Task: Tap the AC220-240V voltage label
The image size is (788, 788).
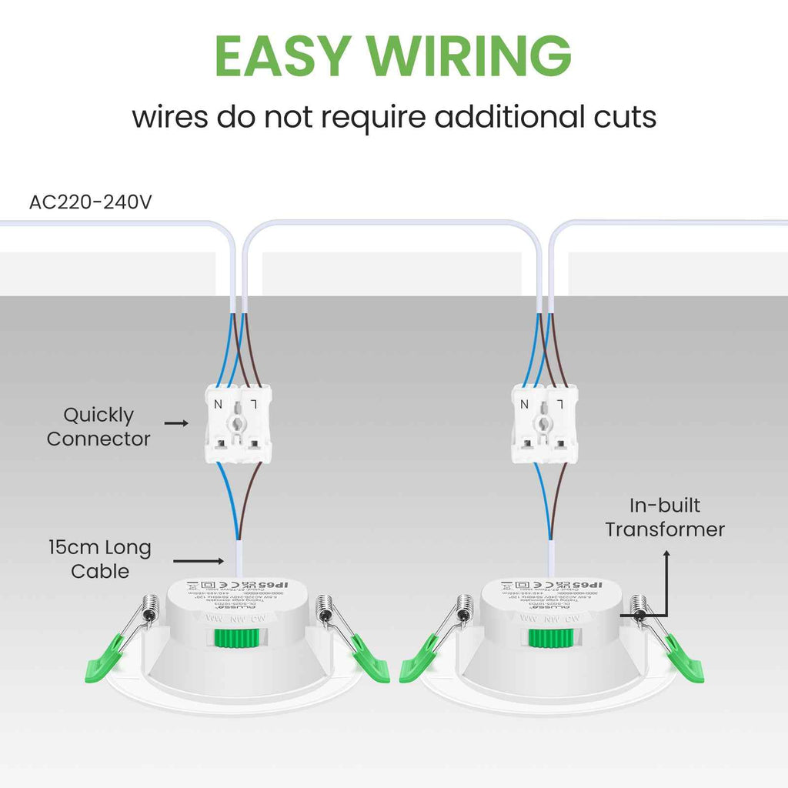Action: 91,202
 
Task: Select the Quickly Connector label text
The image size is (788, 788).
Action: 98,427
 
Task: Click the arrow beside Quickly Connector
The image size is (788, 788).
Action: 176,422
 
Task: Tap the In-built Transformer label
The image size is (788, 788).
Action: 665,517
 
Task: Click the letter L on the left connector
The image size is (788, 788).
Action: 255,403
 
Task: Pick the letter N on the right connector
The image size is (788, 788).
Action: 524,403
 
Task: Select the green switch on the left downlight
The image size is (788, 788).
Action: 235,638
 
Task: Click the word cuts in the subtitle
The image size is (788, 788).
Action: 623,118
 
